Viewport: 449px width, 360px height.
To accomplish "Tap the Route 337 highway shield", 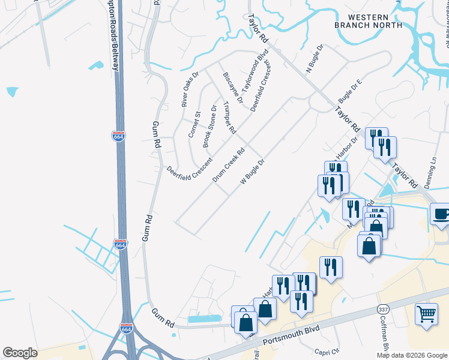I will point(382,308).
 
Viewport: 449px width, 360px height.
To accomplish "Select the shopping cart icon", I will point(426,313).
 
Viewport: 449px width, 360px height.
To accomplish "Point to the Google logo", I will point(20,353).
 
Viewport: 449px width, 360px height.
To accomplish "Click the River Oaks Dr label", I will point(190,89).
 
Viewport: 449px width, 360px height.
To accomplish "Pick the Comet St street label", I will point(194,124).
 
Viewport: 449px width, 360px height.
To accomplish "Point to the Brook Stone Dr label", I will point(210,126).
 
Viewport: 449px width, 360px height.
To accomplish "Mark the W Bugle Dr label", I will point(253,172).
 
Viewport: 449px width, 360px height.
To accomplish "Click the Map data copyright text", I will point(411,355).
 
